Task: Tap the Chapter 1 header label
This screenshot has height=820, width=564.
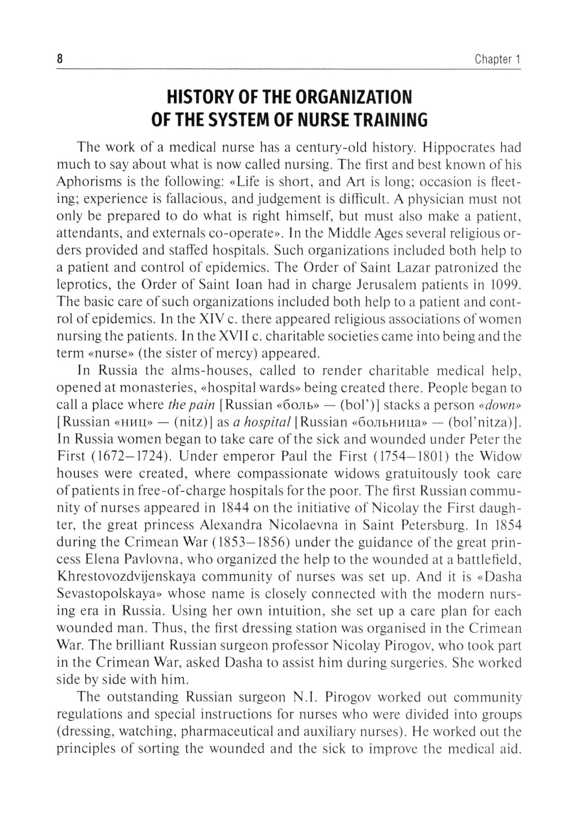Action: pyautogui.click(x=497, y=59)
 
